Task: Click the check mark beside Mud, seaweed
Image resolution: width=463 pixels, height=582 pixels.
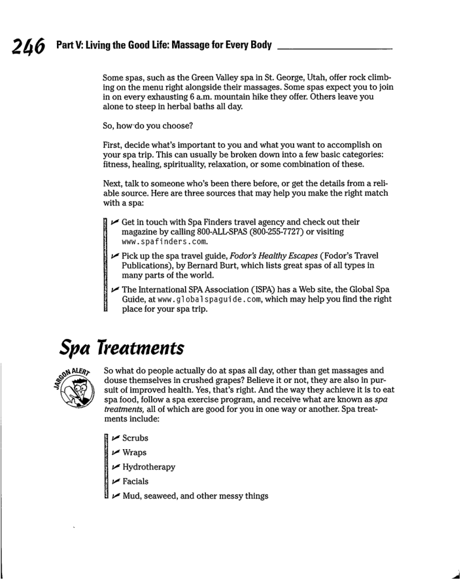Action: click(x=112, y=496)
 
